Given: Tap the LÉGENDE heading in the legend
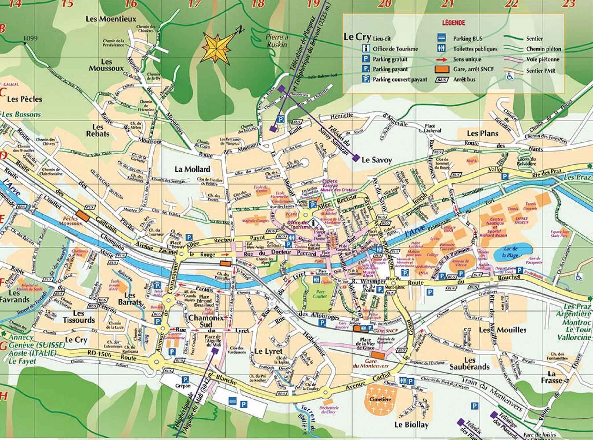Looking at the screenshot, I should point(453,23).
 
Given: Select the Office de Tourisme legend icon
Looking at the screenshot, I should point(366,49).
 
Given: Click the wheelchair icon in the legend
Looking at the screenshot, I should point(510,77).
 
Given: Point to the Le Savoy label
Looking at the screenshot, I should point(377,160).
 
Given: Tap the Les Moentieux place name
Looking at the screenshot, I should point(111,19).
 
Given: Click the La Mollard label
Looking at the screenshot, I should point(192,169).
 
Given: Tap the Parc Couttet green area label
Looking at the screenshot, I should point(320,294).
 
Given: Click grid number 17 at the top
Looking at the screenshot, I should point(194,4).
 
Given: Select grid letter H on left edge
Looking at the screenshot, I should point(3,396).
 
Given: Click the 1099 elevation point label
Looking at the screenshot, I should point(30,38).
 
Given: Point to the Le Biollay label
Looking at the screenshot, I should point(411,425).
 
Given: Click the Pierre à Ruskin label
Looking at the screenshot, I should point(277,41).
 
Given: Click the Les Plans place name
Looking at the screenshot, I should point(482,133).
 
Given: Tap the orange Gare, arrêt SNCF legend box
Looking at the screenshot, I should point(441,69).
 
